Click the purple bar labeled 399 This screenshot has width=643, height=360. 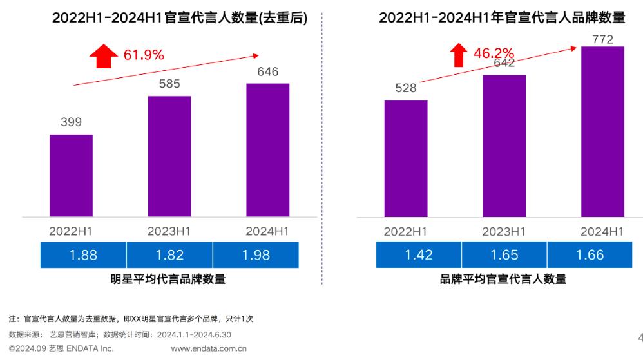71,175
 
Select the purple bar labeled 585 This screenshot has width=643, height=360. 169,156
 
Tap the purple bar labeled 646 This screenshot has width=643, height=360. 267,149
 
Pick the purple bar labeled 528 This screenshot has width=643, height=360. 405,158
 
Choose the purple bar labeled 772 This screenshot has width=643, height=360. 602,131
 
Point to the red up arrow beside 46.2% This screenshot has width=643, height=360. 458,55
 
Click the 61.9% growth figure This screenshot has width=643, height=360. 144,55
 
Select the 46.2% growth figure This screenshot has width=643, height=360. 494,53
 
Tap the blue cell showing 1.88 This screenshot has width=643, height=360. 83,254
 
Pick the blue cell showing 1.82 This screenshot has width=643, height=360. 169,254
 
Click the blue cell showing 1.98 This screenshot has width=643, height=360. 256,254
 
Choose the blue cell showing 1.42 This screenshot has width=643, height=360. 419,254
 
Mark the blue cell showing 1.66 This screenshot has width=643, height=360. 591,254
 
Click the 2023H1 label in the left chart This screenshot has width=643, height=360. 169,231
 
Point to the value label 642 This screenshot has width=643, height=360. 504,63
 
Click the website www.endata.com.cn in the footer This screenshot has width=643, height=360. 209,349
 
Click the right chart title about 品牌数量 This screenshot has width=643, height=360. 502,17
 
